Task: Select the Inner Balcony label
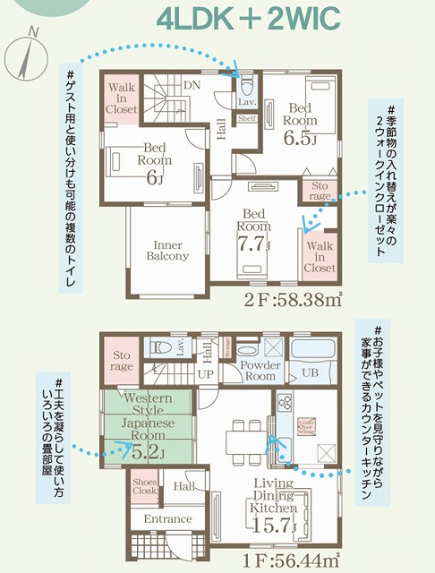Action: pyautogui.click(x=167, y=249)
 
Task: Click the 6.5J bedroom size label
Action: pyautogui.click(x=302, y=137)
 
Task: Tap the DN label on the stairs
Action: pyautogui.click(x=191, y=86)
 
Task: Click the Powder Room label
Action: pyautogui.click(x=260, y=370)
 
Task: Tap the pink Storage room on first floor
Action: pyautogui.click(x=122, y=359)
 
